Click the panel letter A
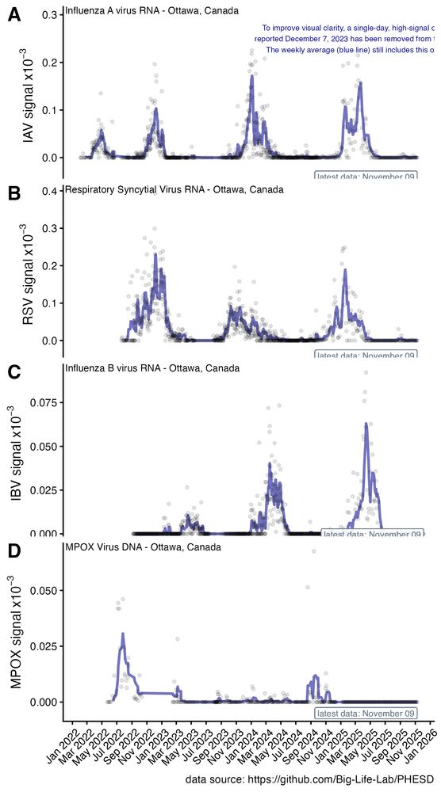(x=13, y=15)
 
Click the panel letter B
(x=13, y=192)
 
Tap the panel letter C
(x=13, y=371)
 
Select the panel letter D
(x=13, y=550)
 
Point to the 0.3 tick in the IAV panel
(x=47, y=15)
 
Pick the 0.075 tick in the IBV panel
(x=41, y=402)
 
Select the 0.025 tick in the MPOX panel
(x=41, y=647)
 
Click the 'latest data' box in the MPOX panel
(x=366, y=713)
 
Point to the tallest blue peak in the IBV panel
(x=366, y=425)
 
